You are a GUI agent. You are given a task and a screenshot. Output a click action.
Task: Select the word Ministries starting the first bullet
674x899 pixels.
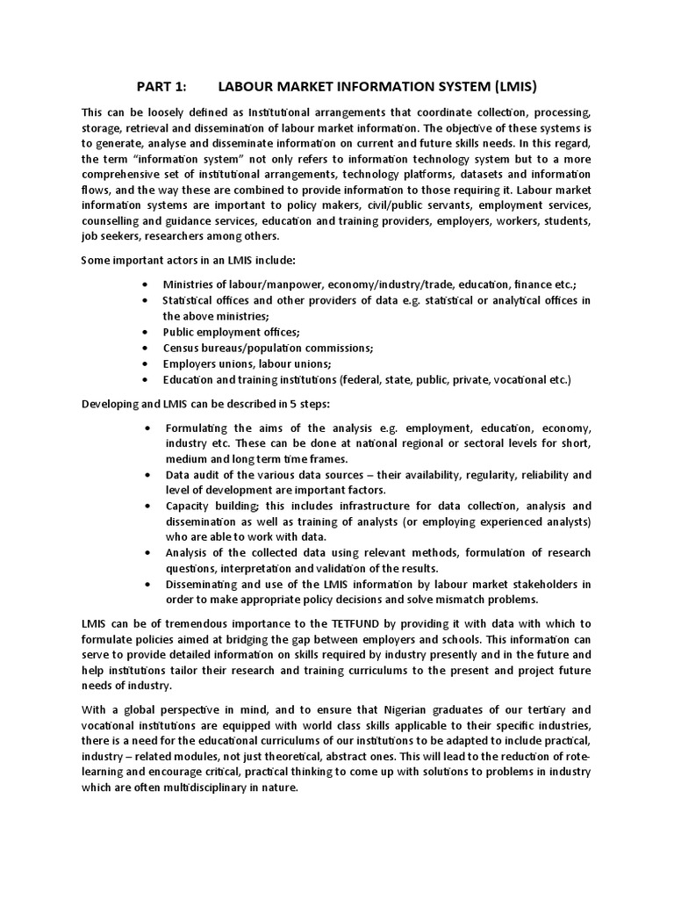click(190, 284)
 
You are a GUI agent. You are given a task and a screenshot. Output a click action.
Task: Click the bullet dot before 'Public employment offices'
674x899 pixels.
click(145, 332)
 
